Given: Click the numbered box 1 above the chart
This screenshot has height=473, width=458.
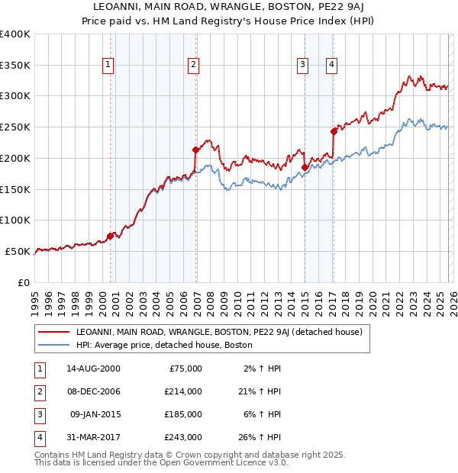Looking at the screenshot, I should (109, 66).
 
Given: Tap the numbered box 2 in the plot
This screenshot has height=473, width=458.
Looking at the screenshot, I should (194, 66).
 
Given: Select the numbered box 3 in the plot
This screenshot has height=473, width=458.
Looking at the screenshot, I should (303, 66).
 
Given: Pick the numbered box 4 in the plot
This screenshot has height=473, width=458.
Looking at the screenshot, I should (332, 66).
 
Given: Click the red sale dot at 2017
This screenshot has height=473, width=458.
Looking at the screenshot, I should (334, 131).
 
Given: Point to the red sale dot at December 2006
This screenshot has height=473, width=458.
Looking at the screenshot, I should (195, 150).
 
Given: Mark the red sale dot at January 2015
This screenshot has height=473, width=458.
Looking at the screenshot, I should (305, 167).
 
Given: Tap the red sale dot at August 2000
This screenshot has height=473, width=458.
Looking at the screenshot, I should (110, 236).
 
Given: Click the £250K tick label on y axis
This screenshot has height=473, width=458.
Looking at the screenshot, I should (15, 127).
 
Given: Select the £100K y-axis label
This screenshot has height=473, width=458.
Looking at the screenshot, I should (15, 220).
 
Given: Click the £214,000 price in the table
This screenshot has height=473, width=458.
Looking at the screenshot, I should (184, 391).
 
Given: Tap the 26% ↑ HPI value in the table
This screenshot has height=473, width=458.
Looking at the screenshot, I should (260, 438).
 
